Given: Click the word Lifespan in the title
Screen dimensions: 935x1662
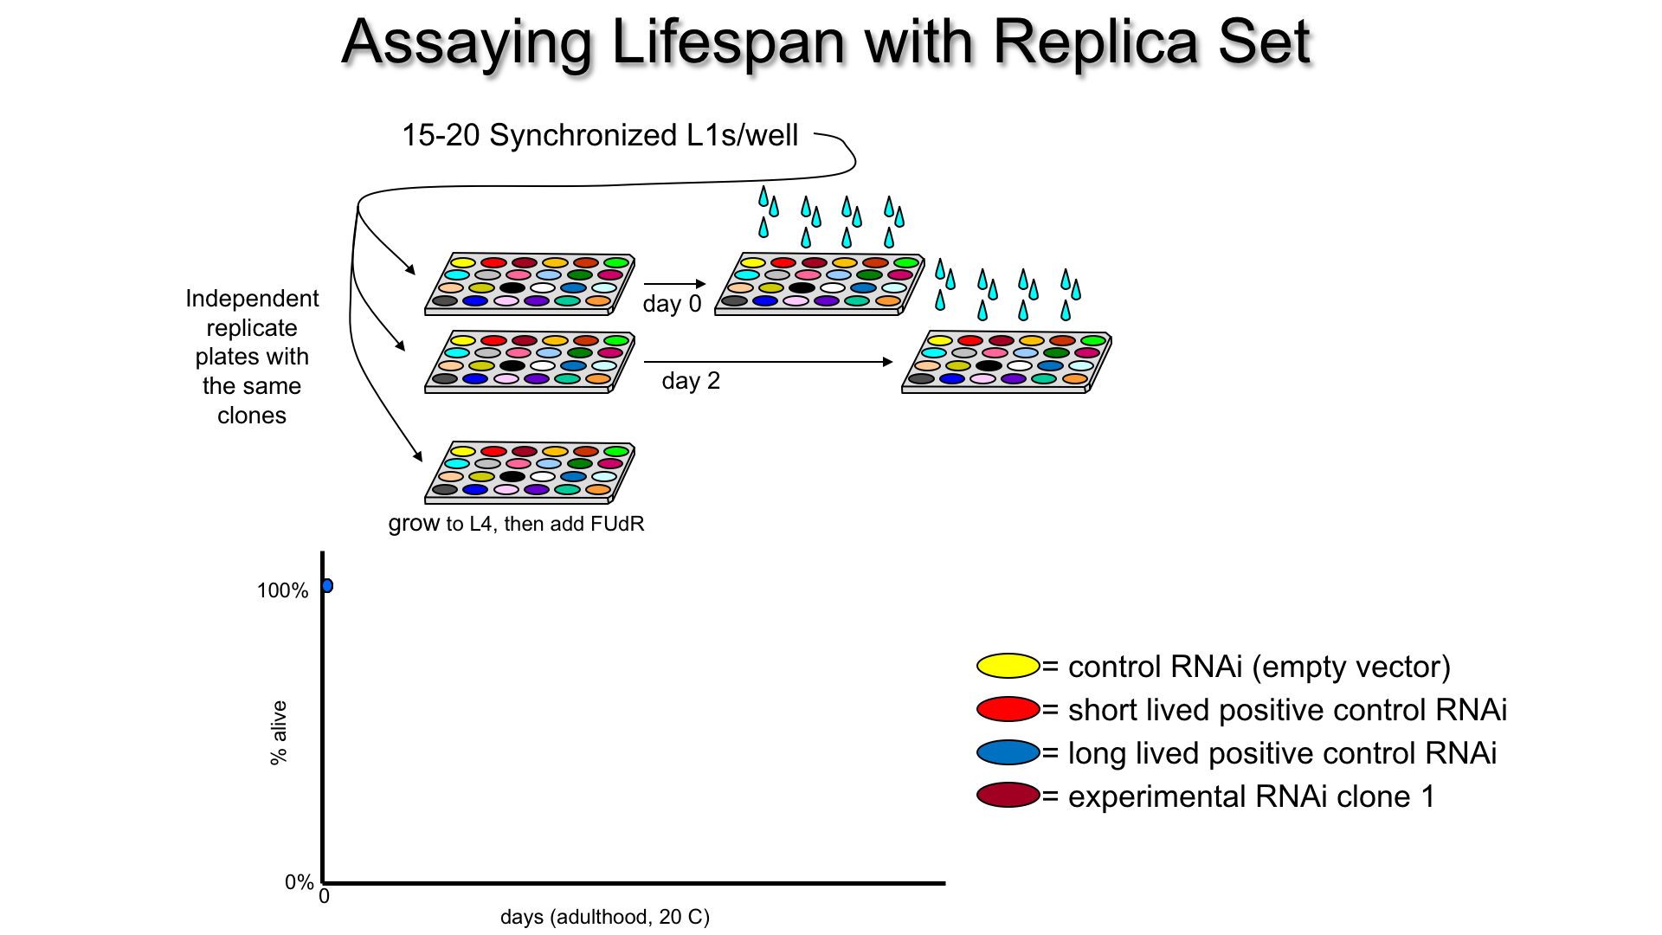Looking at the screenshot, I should [730, 42].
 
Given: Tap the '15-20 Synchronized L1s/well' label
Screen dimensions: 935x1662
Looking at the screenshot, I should [599, 136].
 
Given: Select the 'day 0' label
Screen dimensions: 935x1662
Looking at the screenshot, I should [672, 305].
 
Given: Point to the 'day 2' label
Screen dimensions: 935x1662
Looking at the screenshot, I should [691, 382].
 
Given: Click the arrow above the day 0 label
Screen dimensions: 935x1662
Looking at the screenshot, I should [674, 284].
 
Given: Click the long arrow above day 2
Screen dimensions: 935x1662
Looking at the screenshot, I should [768, 362].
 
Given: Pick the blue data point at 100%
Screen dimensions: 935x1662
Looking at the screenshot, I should [327, 586].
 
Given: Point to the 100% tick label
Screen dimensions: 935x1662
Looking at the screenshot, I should [282, 591].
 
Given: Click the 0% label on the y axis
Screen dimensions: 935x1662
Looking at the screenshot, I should [299, 882].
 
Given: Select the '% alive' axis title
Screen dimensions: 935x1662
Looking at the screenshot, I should [279, 732].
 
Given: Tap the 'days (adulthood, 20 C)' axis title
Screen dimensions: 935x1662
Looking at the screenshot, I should [604, 918].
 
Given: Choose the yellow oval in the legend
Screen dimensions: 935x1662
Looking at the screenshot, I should [1008, 666].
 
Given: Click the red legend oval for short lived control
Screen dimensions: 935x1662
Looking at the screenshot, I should [1008, 709].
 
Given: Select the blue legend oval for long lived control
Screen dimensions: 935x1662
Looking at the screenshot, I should [1008, 752].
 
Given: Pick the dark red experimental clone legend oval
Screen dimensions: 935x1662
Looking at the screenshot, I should [1008, 795].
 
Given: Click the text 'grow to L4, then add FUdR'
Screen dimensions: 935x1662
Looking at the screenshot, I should [516, 524].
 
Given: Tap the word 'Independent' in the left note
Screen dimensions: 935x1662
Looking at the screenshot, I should [252, 299].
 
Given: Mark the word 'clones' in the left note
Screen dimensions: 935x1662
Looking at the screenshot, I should [252, 416].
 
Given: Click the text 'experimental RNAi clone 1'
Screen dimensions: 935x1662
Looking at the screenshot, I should [1251, 796].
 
